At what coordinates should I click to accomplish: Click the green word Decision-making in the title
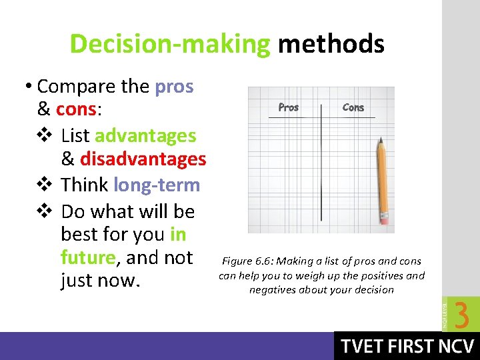(x=169, y=45)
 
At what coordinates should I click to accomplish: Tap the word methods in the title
(x=331, y=45)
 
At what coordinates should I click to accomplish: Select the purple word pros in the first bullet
(x=174, y=87)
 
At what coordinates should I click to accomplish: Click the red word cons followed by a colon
(x=76, y=109)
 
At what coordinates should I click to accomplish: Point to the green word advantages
(x=145, y=135)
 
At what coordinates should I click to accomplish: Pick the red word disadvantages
(x=143, y=159)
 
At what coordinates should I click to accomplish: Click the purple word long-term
(x=157, y=185)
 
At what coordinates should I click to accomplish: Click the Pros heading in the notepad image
(x=288, y=107)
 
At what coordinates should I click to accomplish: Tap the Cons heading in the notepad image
(x=353, y=107)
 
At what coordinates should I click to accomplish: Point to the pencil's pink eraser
(x=384, y=218)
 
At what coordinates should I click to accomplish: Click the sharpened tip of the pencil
(x=379, y=139)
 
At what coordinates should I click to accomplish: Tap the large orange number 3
(x=461, y=315)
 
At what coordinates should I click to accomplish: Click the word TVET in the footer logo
(x=363, y=347)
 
